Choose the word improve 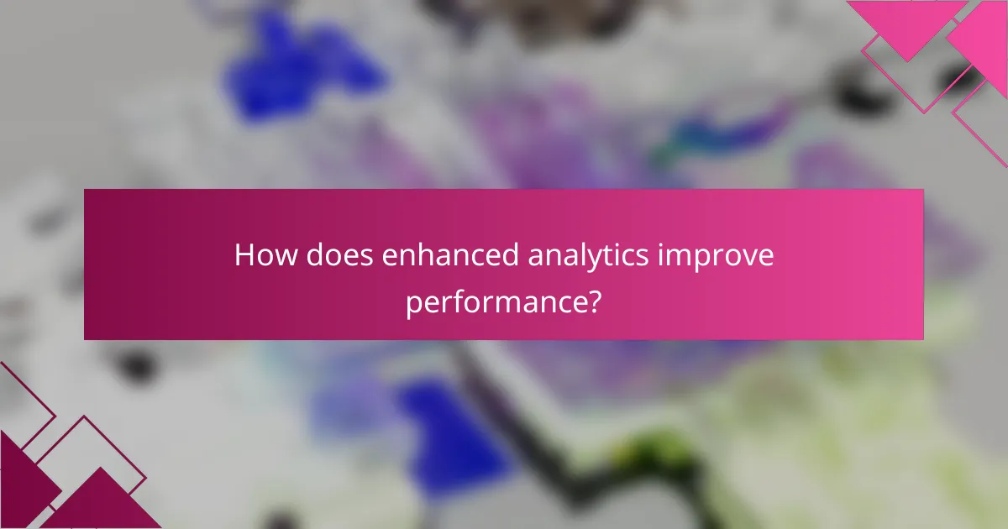pos(718,255)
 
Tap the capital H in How pos(244,255)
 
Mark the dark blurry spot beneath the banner pos(134,366)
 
